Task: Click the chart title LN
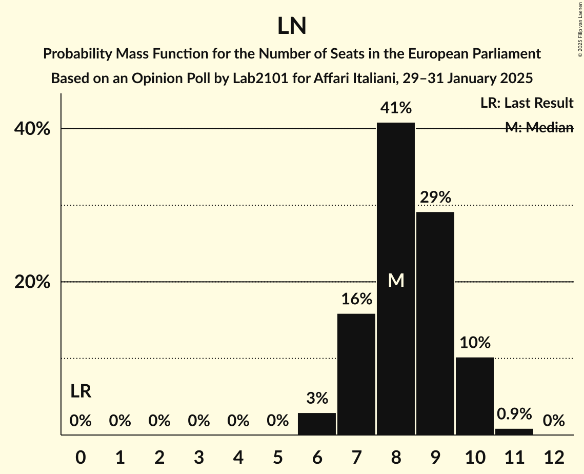pyautogui.click(x=292, y=26)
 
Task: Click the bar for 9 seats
pyautogui.click(x=435, y=323)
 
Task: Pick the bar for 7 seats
pyautogui.click(x=356, y=374)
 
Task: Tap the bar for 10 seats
pyautogui.click(x=475, y=396)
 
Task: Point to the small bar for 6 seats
pyautogui.click(x=317, y=424)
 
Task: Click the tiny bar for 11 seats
pyautogui.click(x=514, y=431)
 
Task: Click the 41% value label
pyautogui.click(x=396, y=108)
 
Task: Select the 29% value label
pyautogui.click(x=435, y=197)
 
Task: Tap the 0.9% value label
pyautogui.click(x=514, y=414)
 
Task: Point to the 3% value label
pyautogui.click(x=317, y=398)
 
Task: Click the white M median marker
pyautogui.click(x=396, y=280)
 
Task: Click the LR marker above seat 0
pyautogui.click(x=80, y=391)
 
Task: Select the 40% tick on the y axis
pyautogui.click(x=32, y=129)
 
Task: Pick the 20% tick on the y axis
pyautogui.click(x=32, y=282)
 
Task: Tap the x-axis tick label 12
pyautogui.click(x=554, y=457)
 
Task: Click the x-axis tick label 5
pyautogui.click(x=277, y=457)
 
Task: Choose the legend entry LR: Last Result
pyautogui.click(x=527, y=103)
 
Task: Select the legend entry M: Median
pyautogui.click(x=539, y=128)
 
